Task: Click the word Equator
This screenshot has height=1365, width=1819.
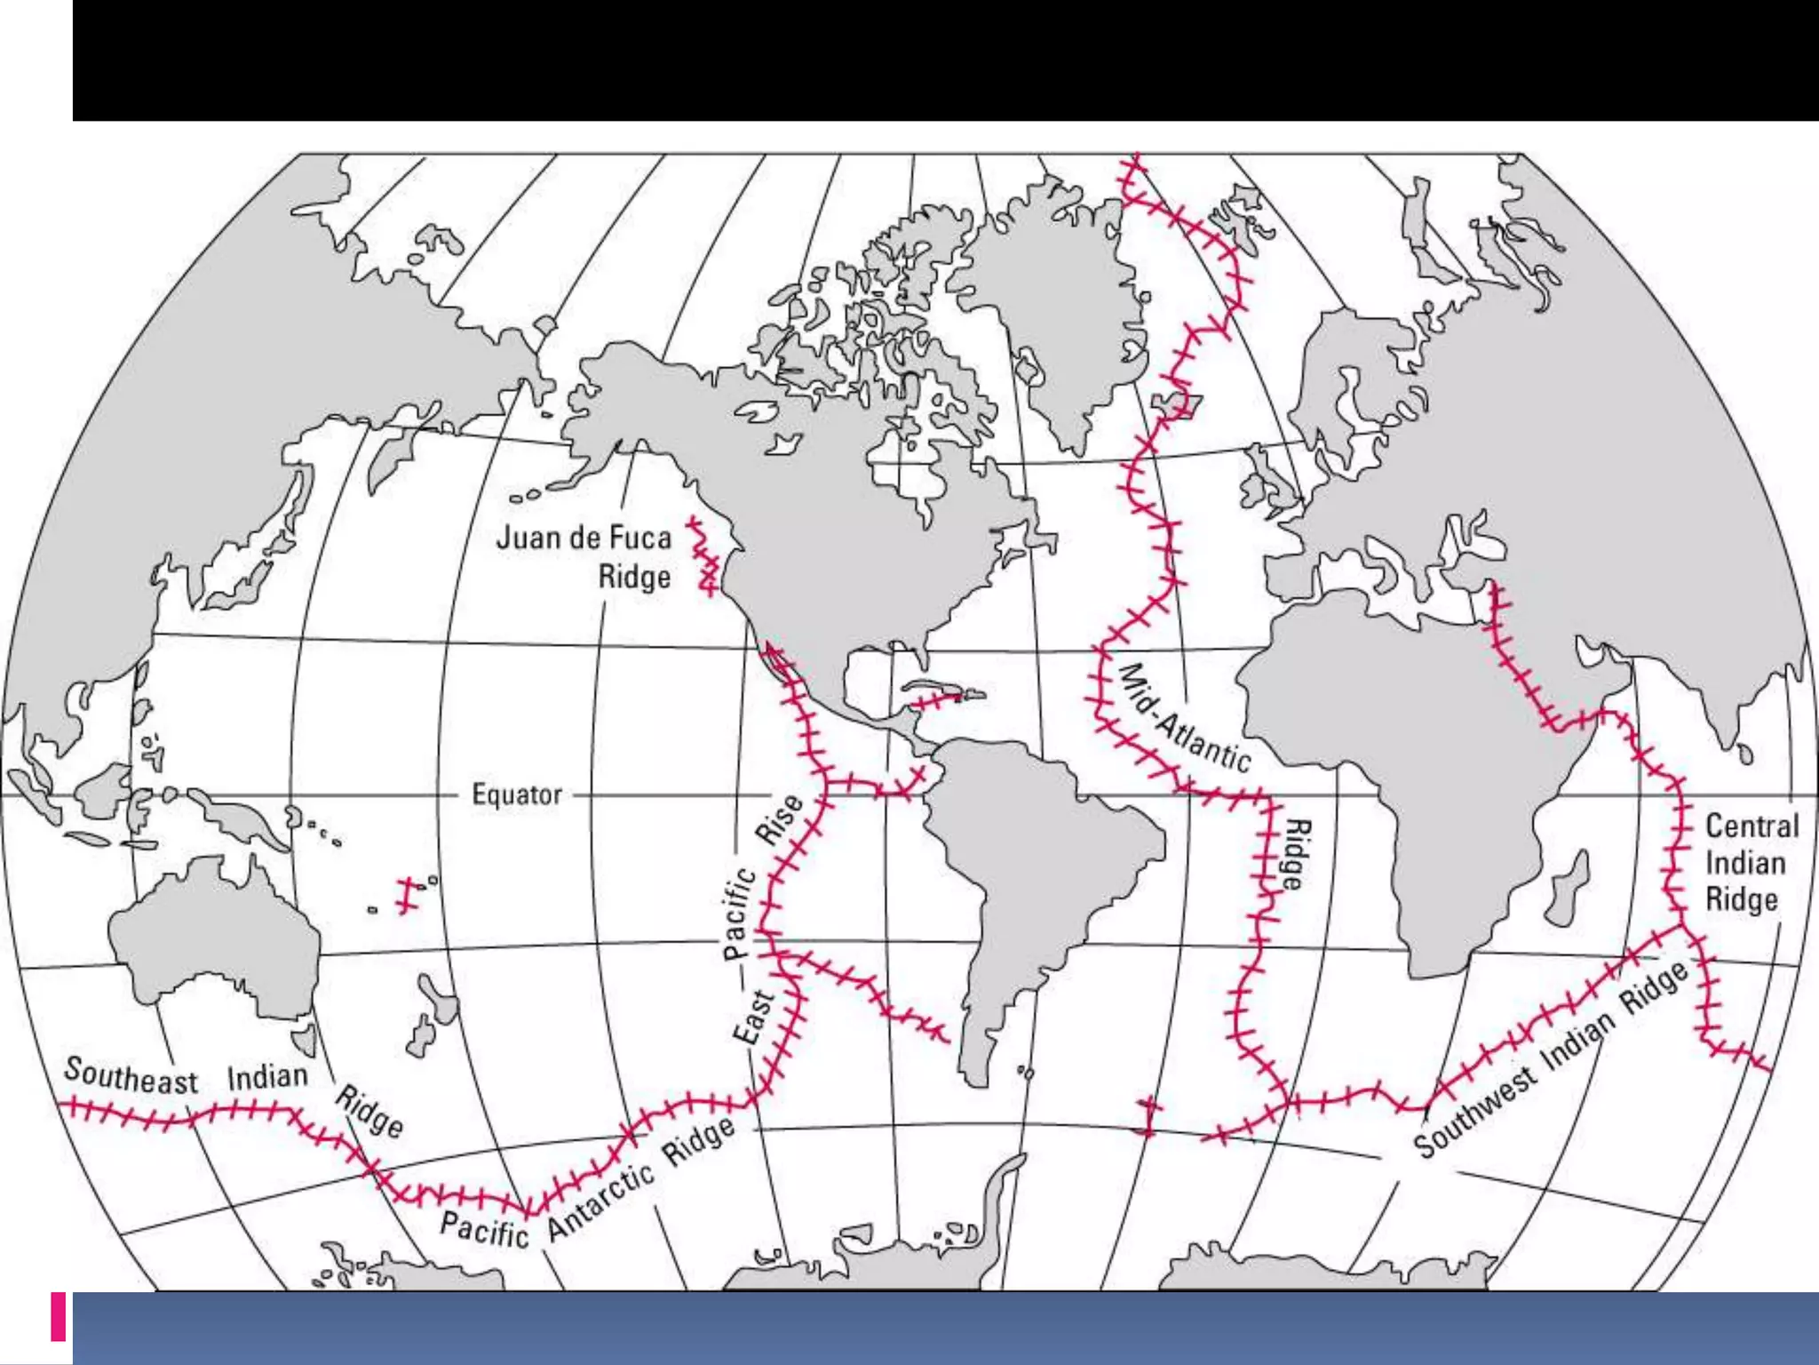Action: tap(516, 794)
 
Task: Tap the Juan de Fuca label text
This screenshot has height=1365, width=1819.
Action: tap(583, 538)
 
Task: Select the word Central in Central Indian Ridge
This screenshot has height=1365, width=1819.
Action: tap(1751, 826)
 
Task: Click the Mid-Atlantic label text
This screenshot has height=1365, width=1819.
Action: tap(1184, 718)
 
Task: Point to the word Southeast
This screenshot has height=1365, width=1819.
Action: tap(131, 1076)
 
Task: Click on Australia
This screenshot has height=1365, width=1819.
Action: tap(213, 942)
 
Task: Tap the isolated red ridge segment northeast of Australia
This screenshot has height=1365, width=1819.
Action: tap(407, 895)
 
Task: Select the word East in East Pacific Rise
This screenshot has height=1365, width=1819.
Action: tap(751, 1017)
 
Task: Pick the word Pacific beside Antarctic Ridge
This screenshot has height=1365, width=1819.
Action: tap(484, 1230)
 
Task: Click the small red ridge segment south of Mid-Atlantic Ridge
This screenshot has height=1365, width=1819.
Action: tap(1148, 1116)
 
